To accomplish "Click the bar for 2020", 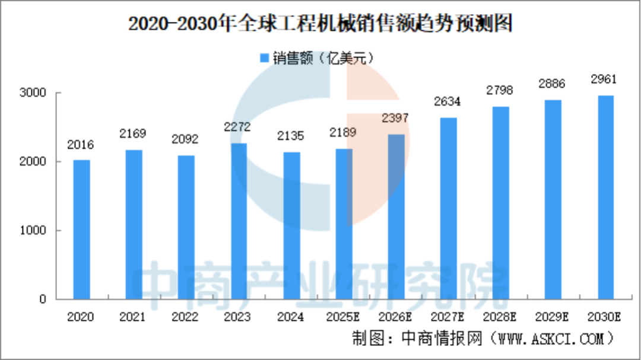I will [81, 230].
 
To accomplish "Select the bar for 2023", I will [239, 221].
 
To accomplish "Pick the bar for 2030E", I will [605, 197].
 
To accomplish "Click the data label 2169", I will [133, 133].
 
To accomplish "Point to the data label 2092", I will [185, 139].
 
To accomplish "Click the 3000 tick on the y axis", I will [35, 93].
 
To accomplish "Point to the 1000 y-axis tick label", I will [35, 231].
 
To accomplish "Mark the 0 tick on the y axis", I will [43, 300].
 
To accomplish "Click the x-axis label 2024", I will [290, 317].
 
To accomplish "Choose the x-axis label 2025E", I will [342, 317].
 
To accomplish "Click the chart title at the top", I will [320, 24].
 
